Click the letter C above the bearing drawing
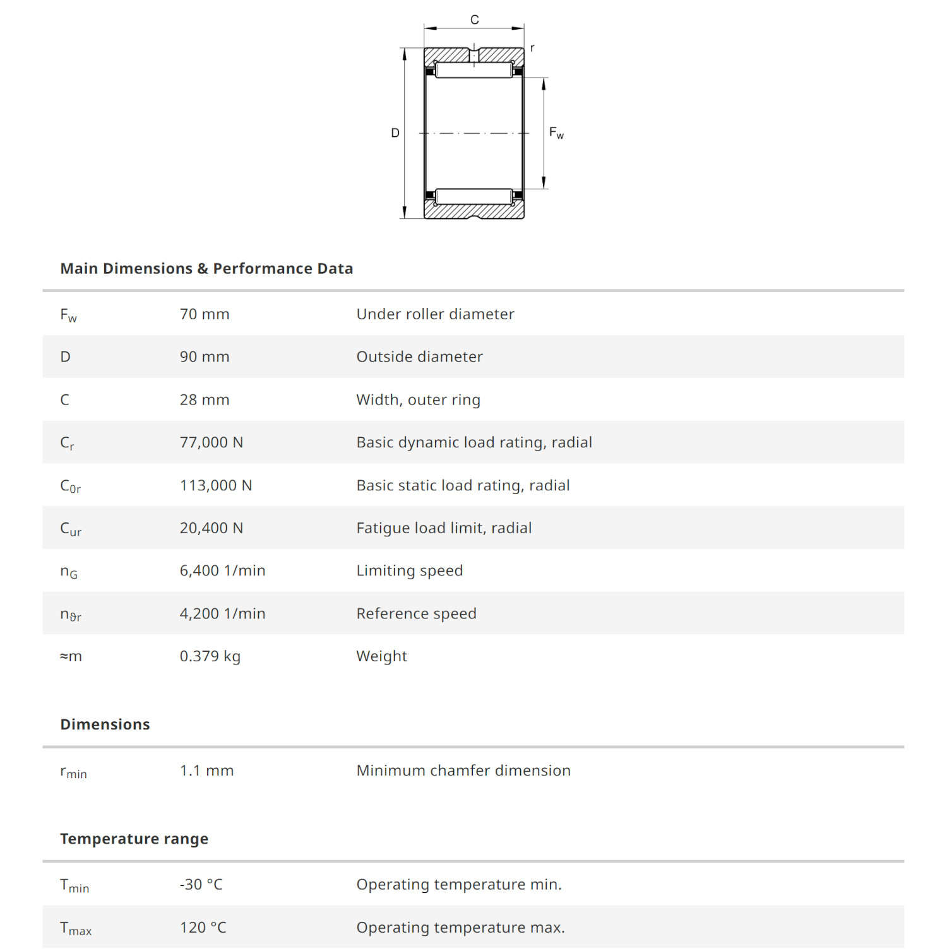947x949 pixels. point(474,20)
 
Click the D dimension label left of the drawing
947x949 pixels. point(395,133)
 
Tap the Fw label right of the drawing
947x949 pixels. point(556,133)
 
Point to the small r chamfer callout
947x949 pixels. point(532,48)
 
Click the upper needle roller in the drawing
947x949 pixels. point(474,70)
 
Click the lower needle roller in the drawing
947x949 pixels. point(474,196)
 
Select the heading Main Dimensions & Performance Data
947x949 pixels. point(206,269)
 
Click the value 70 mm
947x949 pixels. point(205,314)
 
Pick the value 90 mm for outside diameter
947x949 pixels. point(205,357)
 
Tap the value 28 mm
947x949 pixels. point(205,400)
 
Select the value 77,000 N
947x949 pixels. point(211,442)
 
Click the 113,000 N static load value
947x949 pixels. point(216,485)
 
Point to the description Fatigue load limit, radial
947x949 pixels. point(444,528)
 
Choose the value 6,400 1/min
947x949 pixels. point(222,571)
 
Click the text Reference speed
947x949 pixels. point(416,614)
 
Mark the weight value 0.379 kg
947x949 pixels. point(210,656)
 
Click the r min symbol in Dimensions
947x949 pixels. point(73,772)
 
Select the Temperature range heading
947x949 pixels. point(134,839)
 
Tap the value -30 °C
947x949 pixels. point(201,885)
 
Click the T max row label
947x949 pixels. point(76,928)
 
